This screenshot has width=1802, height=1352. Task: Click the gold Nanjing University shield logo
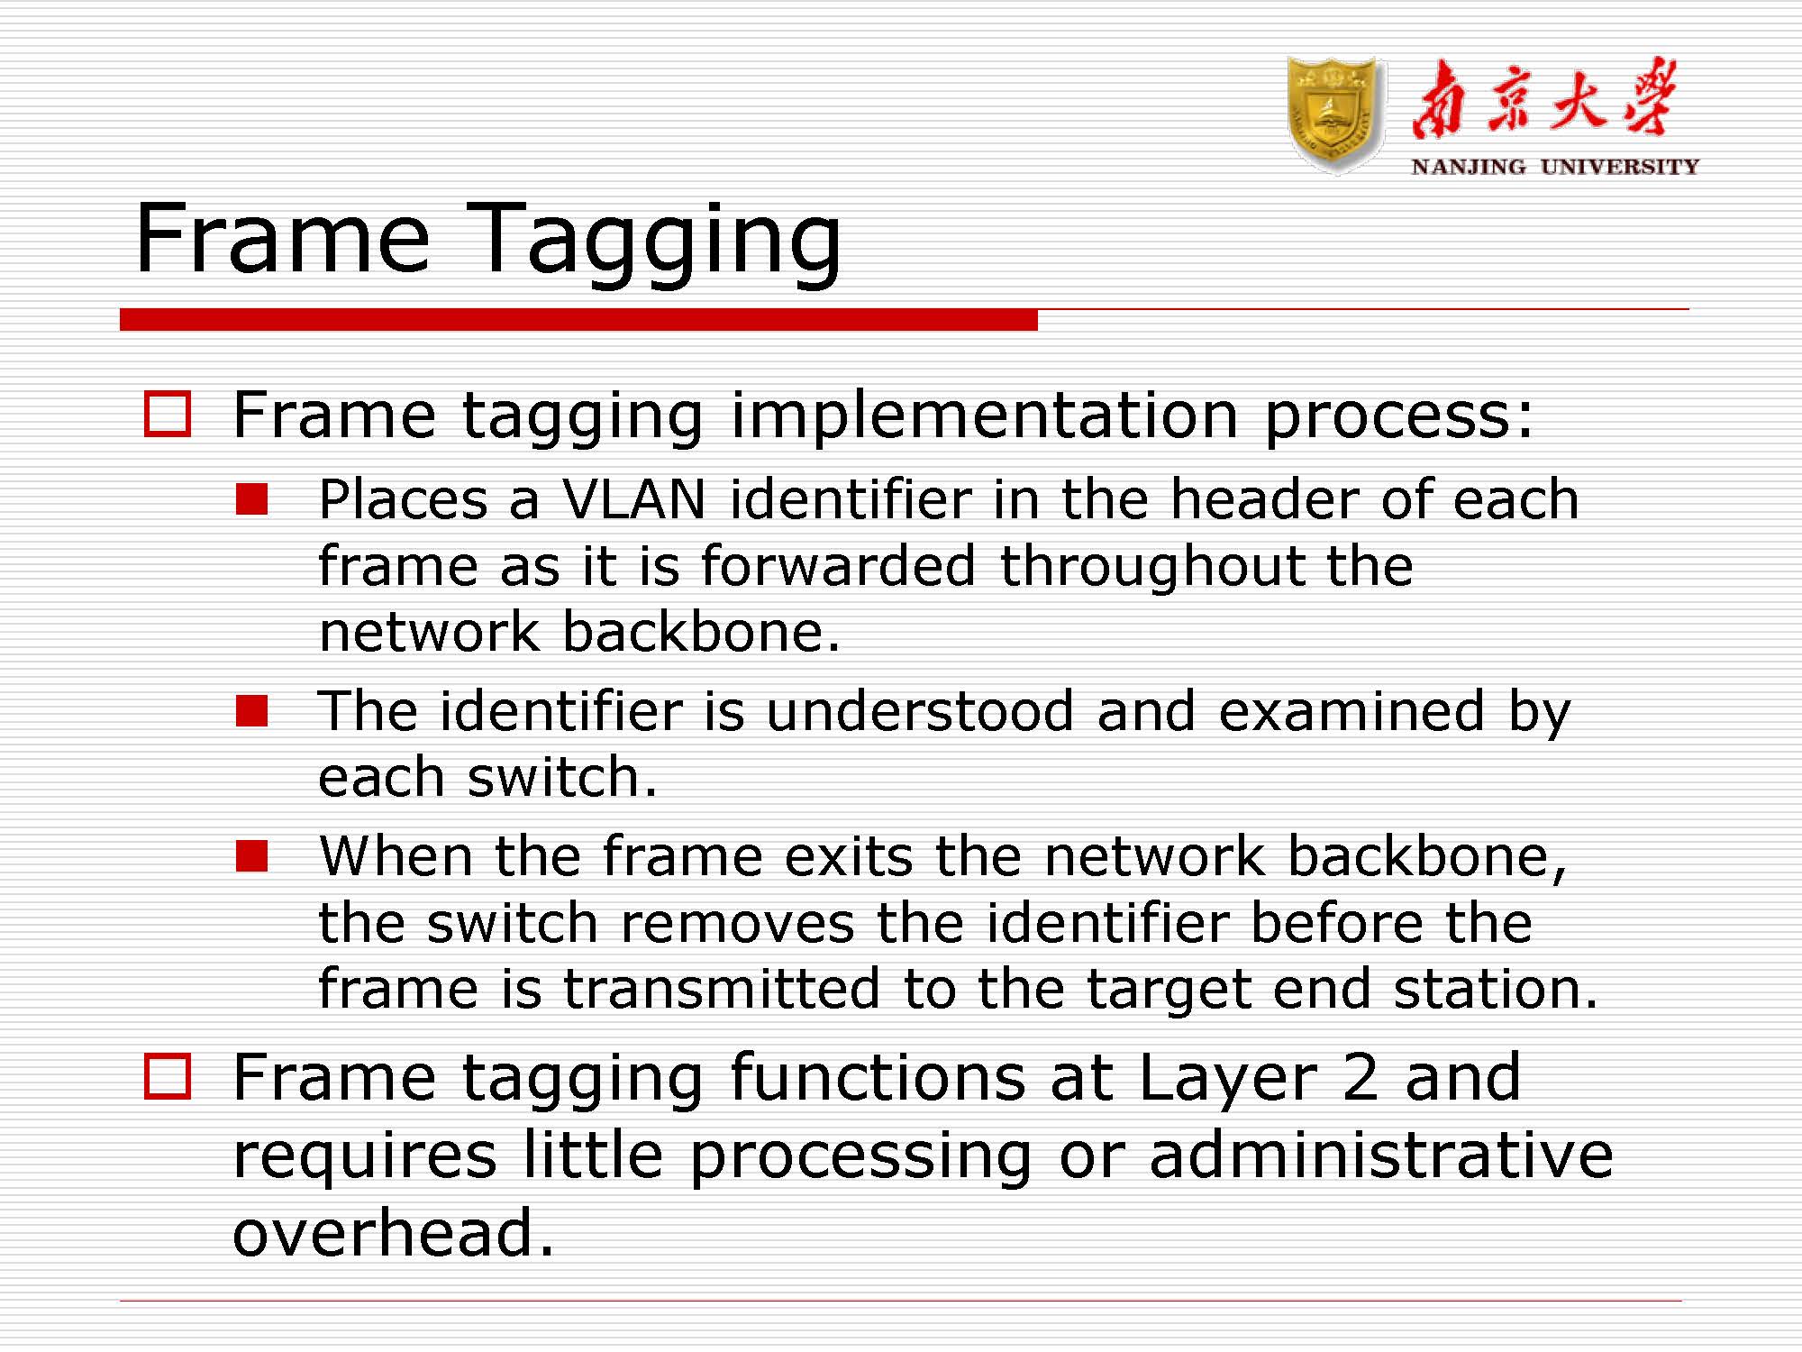[1335, 114]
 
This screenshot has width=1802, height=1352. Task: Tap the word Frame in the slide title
[283, 238]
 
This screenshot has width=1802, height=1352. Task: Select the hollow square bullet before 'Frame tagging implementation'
[168, 414]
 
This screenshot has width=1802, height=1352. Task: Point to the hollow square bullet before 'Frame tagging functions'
[168, 1076]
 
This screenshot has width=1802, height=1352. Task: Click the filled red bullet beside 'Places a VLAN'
[252, 498]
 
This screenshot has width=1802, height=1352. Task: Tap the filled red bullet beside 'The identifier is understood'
[252, 710]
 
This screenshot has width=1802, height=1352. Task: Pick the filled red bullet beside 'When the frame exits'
[252, 855]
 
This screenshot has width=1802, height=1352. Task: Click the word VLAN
[634, 499]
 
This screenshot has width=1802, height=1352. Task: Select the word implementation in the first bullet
[985, 416]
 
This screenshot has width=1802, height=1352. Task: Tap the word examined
[1351, 711]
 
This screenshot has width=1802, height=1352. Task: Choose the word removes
[738, 924]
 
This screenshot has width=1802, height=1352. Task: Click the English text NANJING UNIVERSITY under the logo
[1555, 167]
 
